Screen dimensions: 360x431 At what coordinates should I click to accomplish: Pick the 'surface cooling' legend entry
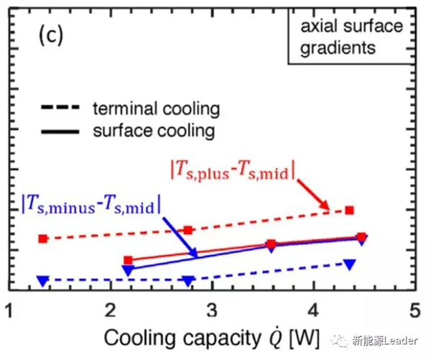tap(154, 131)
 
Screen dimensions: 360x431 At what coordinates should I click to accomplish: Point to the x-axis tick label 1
tap(9, 311)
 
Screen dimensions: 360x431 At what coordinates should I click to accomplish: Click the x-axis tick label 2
tap(111, 311)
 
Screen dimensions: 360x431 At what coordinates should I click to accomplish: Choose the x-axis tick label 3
tap(213, 311)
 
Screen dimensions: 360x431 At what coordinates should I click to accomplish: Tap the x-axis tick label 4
tap(314, 311)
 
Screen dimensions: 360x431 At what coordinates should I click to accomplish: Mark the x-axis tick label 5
tap(414, 311)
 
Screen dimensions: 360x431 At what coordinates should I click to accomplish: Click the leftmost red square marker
tap(43, 239)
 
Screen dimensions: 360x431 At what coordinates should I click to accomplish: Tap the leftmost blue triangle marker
tap(43, 280)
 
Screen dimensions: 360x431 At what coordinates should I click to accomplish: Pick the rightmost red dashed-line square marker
tap(350, 210)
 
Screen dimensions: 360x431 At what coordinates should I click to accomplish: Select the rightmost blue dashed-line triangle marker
tap(350, 264)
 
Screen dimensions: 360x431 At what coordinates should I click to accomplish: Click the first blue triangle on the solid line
tap(129, 270)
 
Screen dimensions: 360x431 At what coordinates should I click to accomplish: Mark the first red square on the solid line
tap(129, 260)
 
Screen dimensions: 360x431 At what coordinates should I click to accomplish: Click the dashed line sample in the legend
tap(62, 109)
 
